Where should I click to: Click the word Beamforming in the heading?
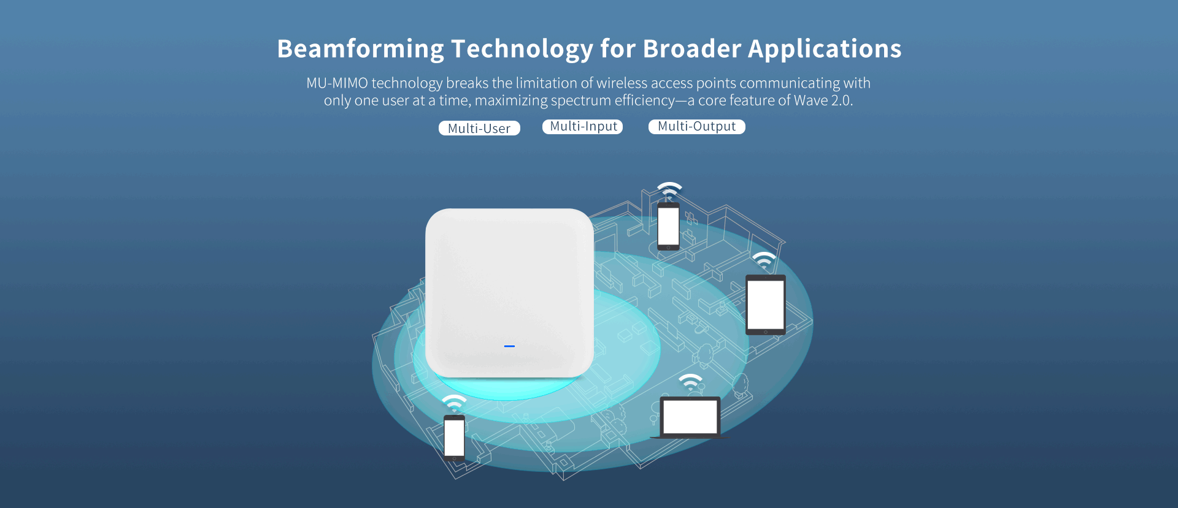360,49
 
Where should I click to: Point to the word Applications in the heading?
825,49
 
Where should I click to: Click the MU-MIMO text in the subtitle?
336,83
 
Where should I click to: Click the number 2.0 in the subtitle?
842,100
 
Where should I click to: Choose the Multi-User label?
479,128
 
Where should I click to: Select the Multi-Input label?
583,126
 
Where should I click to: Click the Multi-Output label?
696,126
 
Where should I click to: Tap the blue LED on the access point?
509,346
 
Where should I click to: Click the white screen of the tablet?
765,305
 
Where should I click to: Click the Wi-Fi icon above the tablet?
764,259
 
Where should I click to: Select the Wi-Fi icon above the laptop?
690,382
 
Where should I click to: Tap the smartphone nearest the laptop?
668,226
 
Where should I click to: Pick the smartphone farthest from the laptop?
454,438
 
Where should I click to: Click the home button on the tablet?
765,332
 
